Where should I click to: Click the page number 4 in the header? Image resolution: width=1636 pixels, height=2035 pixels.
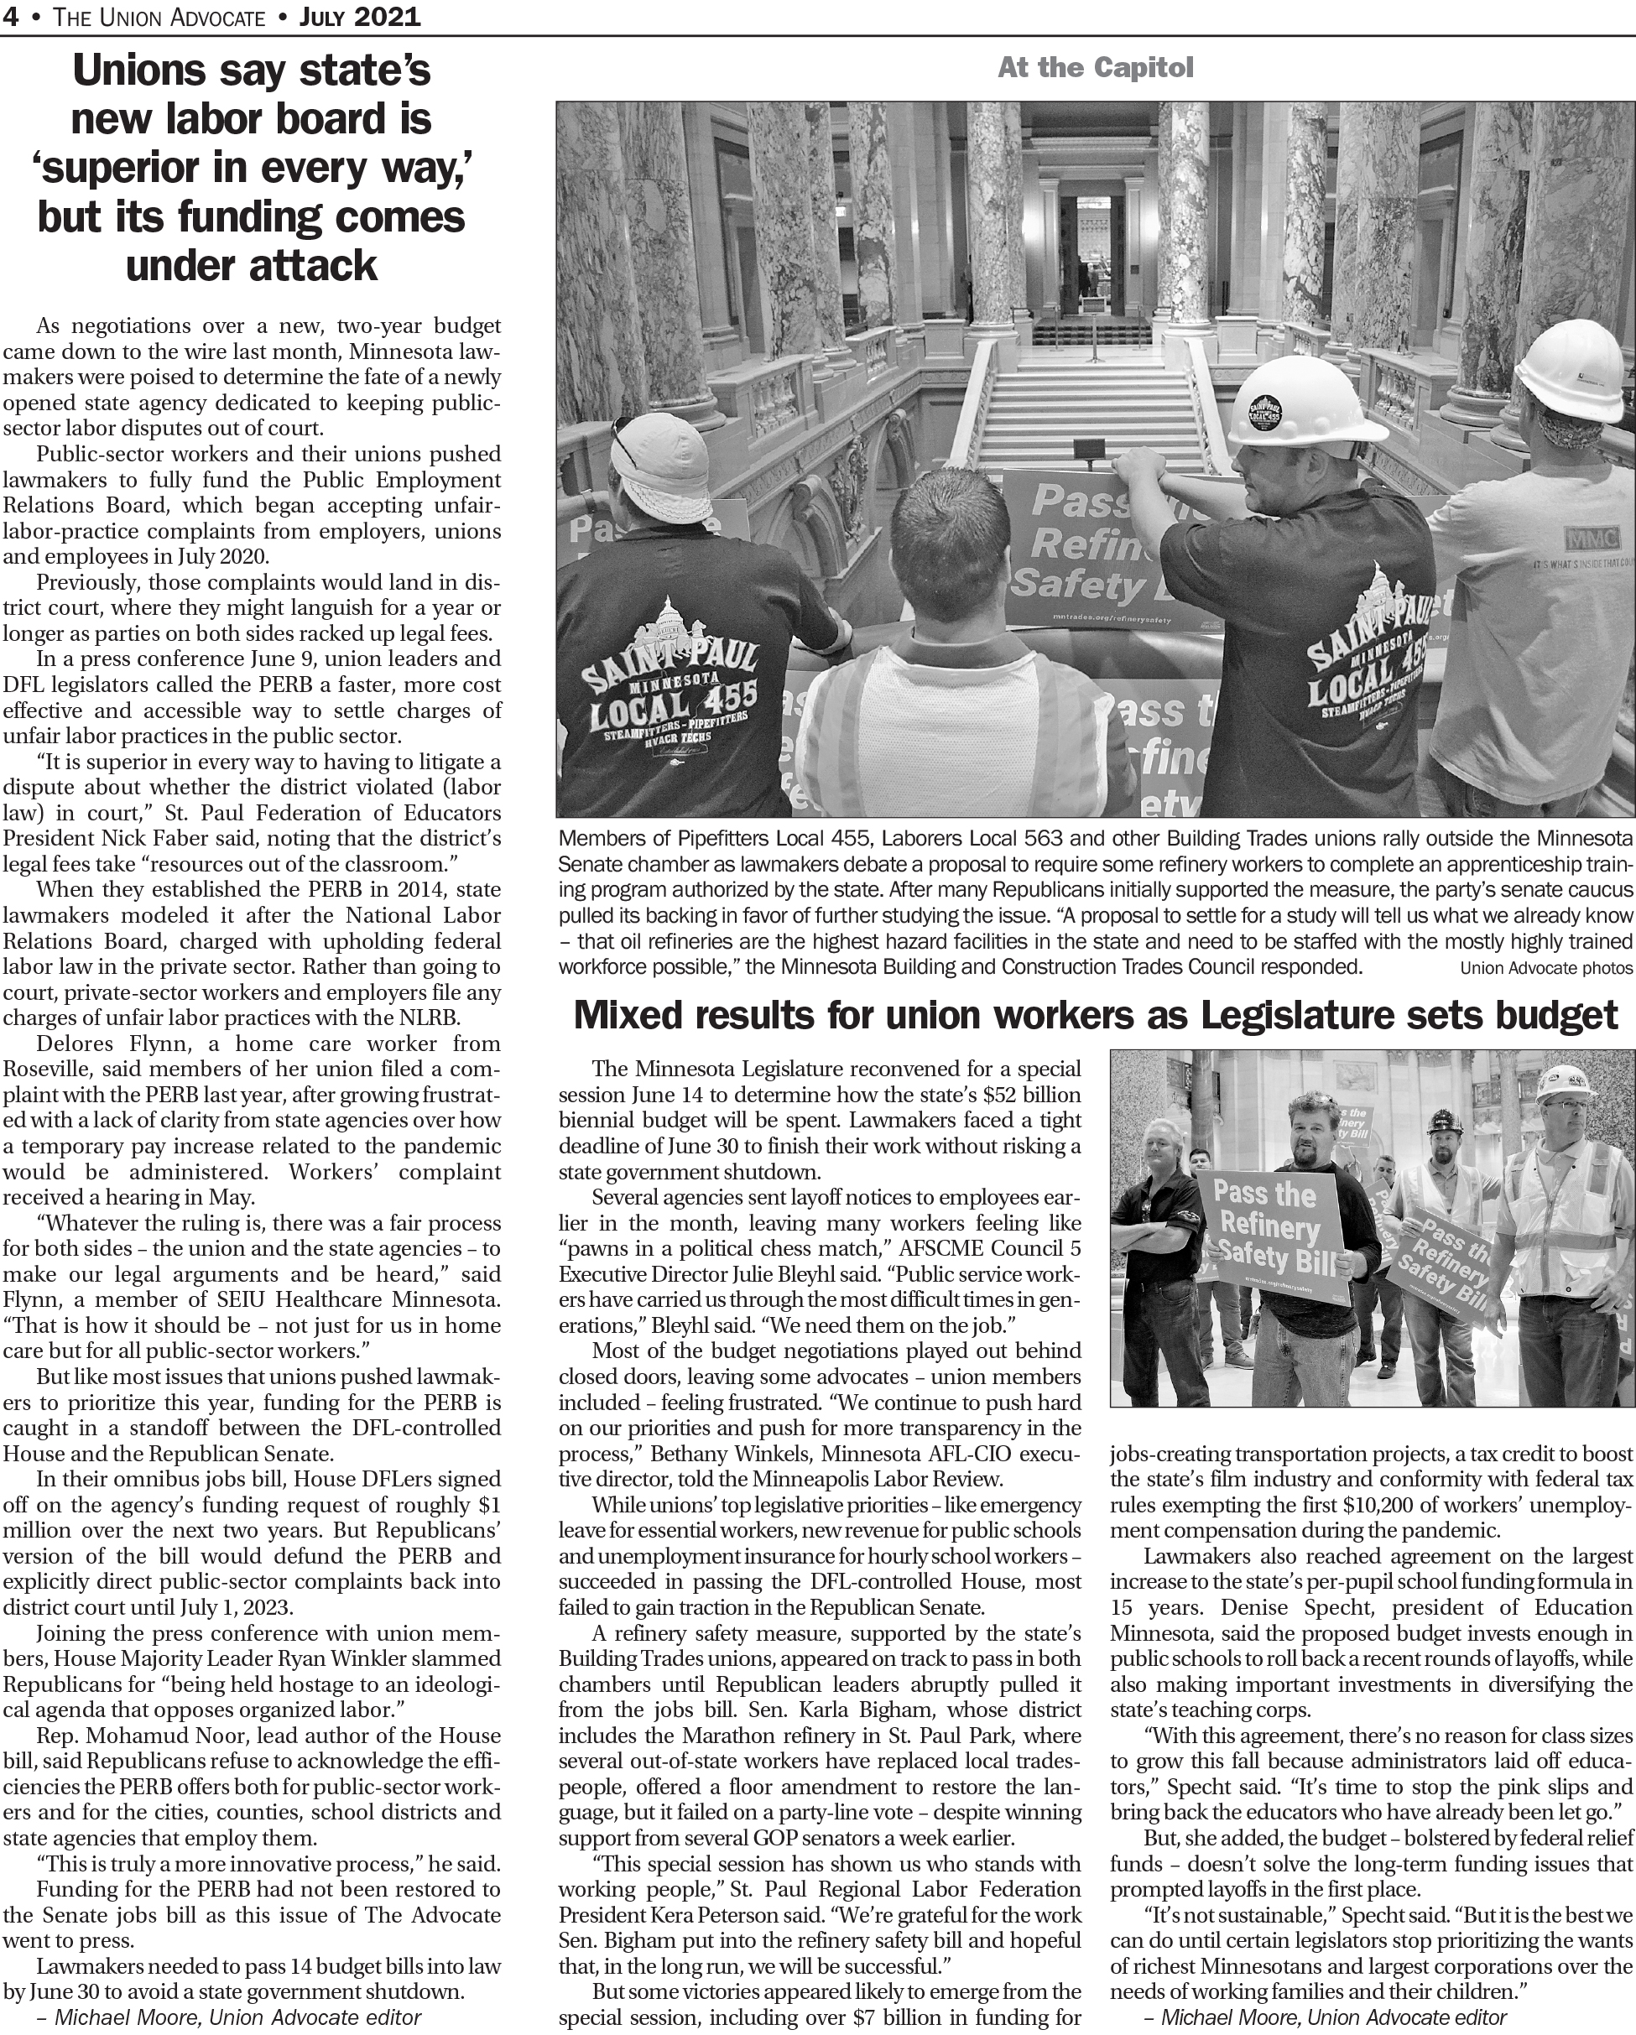point(9,17)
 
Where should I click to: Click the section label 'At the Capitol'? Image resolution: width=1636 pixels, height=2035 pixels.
point(1095,68)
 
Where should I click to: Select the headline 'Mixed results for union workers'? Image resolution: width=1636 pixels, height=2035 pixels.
point(1095,1016)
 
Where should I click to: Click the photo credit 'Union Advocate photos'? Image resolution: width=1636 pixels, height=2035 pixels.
point(1545,967)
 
